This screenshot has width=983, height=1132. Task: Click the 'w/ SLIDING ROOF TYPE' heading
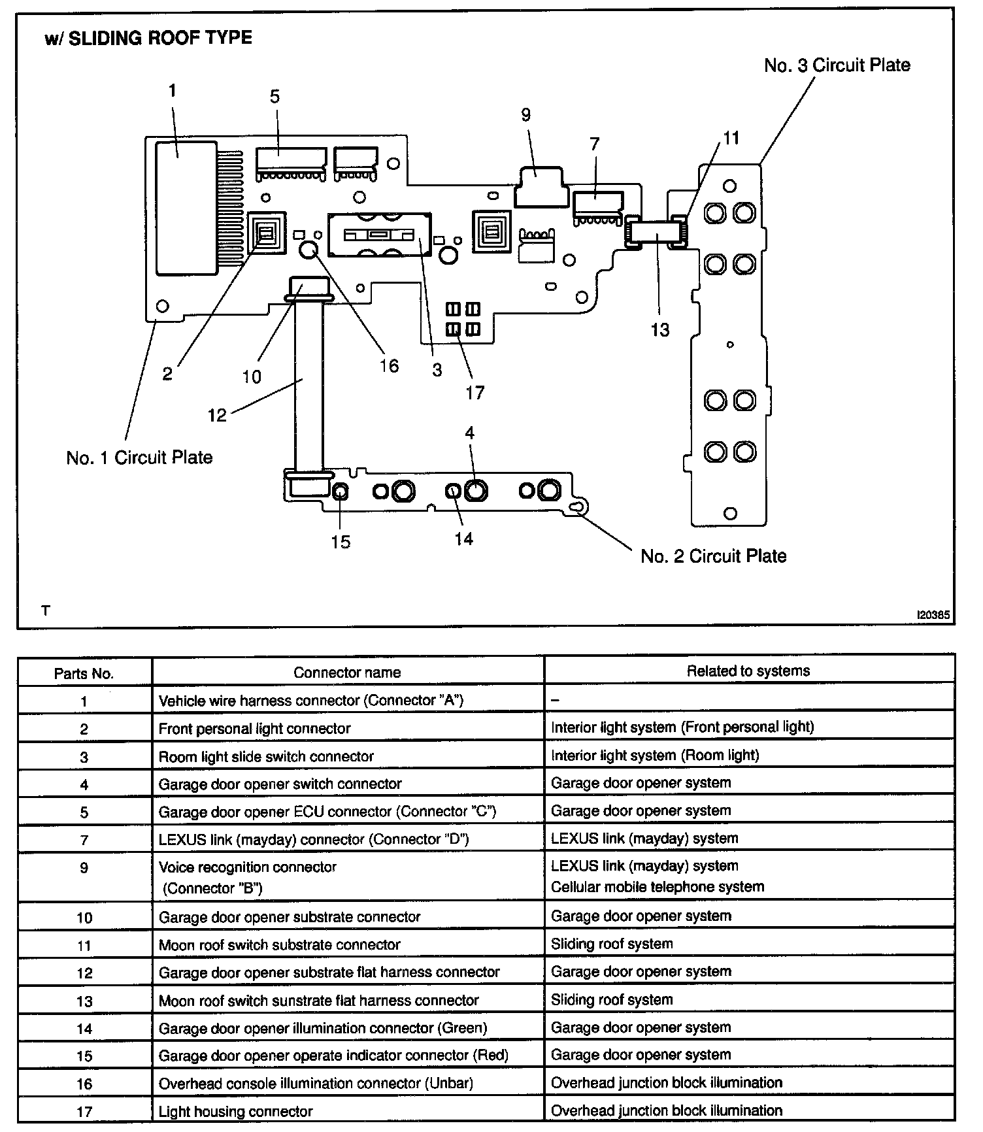[x=148, y=38]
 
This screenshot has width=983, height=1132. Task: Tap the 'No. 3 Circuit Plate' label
[x=837, y=65]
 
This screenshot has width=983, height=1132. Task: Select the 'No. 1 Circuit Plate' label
[x=139, y=458]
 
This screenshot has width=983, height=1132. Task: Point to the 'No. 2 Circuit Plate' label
[x=713, y=556]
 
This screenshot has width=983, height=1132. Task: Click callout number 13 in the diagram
[x=659, y=330]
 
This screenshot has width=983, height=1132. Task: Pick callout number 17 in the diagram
[x=475, y=392]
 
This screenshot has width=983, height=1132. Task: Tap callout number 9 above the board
[x=526, y=115]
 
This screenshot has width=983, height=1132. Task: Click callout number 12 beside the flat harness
[x=217, y=415]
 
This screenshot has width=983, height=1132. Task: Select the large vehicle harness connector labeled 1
[x=186, y=207]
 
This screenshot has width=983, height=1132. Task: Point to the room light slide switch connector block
[x=379, y=234]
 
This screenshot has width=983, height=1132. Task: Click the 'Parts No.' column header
[x=84, y=673]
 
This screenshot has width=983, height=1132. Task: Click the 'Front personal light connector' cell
[x=254, y=728]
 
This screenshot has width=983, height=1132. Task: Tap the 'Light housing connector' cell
[x=235, y=1111]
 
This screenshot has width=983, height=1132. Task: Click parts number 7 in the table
[x=84, y=840]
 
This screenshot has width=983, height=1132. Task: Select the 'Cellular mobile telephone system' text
[x=657, y=887]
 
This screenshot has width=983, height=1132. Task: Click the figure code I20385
[x=933, y=615]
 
